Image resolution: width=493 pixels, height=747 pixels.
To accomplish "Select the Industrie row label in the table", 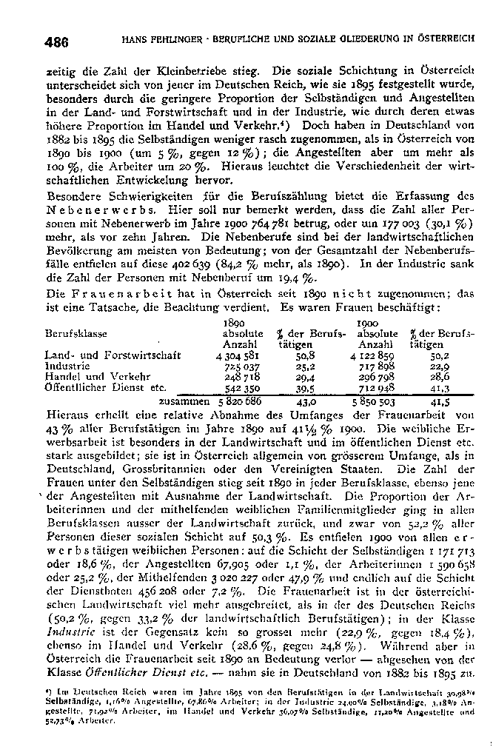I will pos(67,365).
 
